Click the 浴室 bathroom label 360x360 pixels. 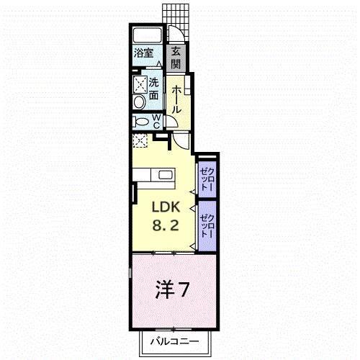(143, 53)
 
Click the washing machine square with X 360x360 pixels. (139, 82)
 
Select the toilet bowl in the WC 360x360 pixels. (140, 121)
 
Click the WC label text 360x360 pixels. (156, 121)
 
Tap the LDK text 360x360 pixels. (164, 206)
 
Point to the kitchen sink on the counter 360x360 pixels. (166, 175)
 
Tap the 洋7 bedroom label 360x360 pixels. (174, 291)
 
